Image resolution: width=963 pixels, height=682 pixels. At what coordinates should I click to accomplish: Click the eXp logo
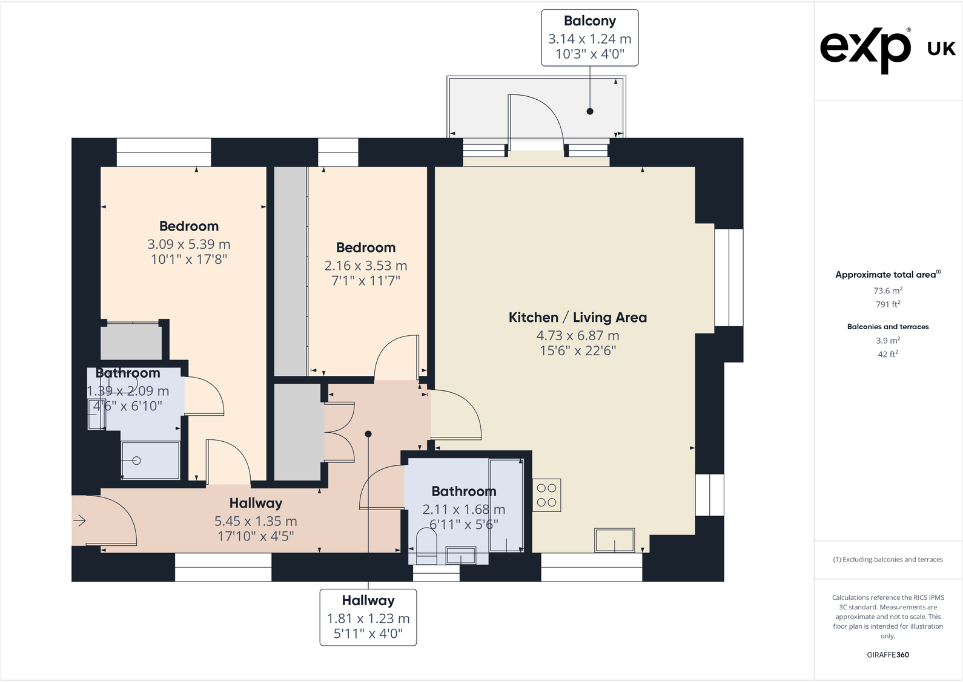[x=865, y=51]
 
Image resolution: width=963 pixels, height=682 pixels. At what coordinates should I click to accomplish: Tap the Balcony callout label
[x=589, y=38]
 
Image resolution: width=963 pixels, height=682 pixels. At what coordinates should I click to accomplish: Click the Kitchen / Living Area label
[x=577, y=317]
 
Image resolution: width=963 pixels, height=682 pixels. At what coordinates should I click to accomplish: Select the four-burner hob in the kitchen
[x=546, y=495]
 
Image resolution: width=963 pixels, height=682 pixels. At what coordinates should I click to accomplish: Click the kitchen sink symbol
[x=614, y=540]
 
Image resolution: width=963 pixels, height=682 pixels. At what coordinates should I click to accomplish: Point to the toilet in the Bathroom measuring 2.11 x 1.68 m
[x=426, y=545]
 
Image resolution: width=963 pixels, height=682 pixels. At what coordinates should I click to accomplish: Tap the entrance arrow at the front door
[x=79, y=521]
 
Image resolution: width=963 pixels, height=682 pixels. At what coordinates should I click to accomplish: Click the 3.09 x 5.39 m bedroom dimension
[x=189, y=244]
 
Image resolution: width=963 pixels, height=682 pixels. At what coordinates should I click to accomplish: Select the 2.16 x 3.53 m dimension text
[x=366, y=266]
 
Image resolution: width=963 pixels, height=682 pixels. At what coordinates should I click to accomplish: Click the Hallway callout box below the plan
[x=368, y=617]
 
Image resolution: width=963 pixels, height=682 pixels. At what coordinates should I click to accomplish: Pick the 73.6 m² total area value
[x=888, y=290]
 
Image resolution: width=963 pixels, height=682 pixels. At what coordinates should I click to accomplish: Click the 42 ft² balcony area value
[x=888, y=355]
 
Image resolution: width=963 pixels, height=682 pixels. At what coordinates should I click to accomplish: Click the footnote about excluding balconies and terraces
[x=888, y=559]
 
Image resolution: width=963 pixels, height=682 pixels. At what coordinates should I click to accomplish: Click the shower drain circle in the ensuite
[x=137, y=461]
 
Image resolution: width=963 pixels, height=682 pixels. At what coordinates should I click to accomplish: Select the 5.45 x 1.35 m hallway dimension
[x=256, y=522]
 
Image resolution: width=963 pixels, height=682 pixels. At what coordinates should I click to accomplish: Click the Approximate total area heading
[x=888, y=274]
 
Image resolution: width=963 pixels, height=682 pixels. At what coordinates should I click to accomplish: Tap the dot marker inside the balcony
[x=590, y=111]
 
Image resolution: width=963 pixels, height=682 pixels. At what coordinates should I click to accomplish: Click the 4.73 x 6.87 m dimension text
[x=577, y=335]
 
